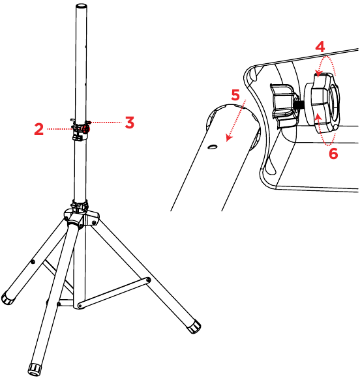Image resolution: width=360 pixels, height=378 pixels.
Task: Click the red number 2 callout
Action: (40, 128)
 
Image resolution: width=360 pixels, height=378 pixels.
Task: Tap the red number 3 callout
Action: (129, 122)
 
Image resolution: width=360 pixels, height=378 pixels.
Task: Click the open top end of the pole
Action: (82, 7)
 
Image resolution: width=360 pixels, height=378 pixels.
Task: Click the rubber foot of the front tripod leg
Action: (34, 369)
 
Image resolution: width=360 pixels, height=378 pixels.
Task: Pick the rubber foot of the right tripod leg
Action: (194, 326)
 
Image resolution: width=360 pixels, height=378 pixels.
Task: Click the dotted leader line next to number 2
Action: (61, 128)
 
